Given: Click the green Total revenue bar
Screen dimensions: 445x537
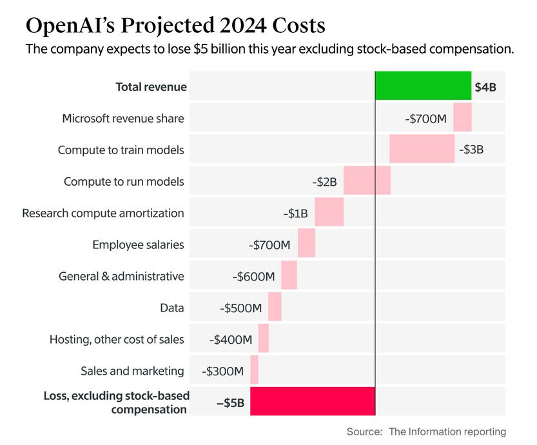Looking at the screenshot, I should pos(423,86).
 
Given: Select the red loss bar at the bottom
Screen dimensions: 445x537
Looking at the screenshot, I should pos(313,400).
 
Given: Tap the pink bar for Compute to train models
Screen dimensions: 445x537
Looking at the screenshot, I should pos(422,149).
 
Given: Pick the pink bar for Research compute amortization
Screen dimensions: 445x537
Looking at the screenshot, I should pos(329,212).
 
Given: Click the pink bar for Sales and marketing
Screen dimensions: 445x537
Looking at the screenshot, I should pos(254,370).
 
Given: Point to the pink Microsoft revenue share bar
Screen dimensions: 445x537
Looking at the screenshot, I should pos(462,117).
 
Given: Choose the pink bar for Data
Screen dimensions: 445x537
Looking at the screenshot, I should pos(275,307).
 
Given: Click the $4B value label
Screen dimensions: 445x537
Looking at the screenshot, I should pos(485,87).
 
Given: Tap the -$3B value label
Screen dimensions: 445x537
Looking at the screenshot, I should pos(471,150).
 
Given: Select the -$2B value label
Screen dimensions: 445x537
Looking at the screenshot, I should pos(324,181).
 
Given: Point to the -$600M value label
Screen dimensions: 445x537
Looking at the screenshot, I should pos(253,276).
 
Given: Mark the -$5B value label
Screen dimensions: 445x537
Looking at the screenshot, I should pos(230,402).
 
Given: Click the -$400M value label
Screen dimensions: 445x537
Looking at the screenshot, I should pos(231,339).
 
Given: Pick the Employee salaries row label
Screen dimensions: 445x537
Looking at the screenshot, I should pos(138,244).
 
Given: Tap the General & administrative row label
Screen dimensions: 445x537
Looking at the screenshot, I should pos(121,276).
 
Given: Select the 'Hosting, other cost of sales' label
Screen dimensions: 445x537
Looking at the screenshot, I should pos(117,339).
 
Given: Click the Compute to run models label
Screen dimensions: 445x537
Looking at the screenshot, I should pos(124,181).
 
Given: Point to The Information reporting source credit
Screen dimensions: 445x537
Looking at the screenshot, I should pos(447,431).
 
